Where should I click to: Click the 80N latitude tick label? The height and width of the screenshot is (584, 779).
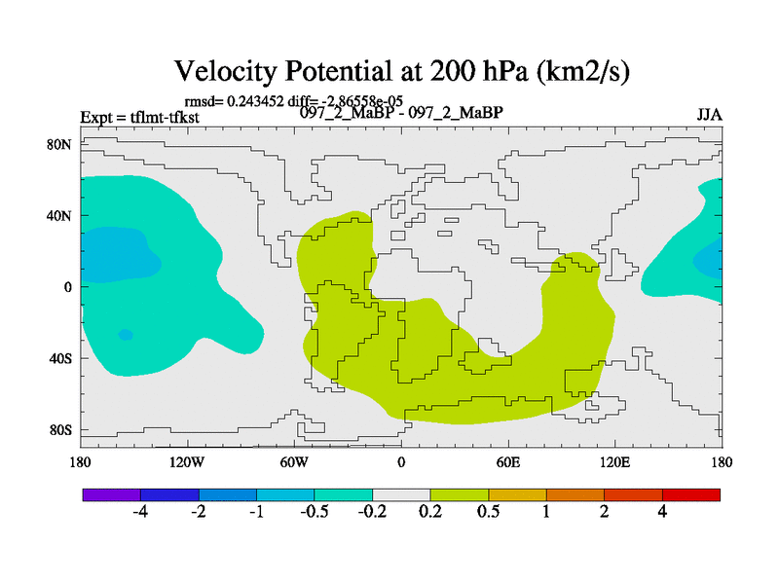pyautogui.click(x=60, y=144)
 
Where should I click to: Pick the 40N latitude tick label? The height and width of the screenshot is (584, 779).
pyautogui.click(x=60, y=215)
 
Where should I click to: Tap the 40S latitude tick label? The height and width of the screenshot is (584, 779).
pyautogui.click(x=60, y=358)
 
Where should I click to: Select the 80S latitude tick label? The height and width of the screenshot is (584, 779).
pyautogui.click(x=60, y=429)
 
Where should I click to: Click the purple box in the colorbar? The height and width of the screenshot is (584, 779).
pyautogui.click(x=111, y=494)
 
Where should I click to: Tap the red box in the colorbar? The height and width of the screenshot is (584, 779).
pyautogui.click(x=691, y=494)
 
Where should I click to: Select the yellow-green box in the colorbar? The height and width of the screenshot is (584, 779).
pyautogui.click(x=460, y=494)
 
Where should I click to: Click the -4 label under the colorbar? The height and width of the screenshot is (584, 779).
pyautogui.click(x=139, y=513)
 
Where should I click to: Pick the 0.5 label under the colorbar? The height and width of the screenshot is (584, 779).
pyautogui.click(x=489, y=513)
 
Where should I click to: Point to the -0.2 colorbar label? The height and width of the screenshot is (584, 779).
pyautogui.click(x=372, y=513)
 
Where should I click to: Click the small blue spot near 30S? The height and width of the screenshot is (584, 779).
pyautogui.click(x=126, y=335)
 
